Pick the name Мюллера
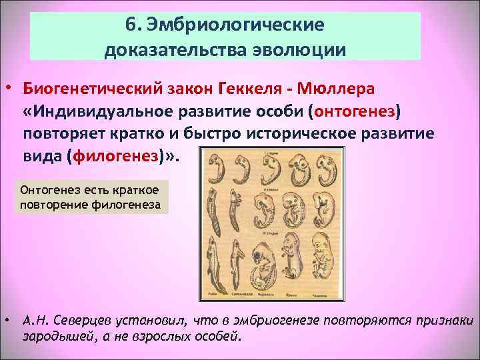338,89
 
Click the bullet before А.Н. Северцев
7,320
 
